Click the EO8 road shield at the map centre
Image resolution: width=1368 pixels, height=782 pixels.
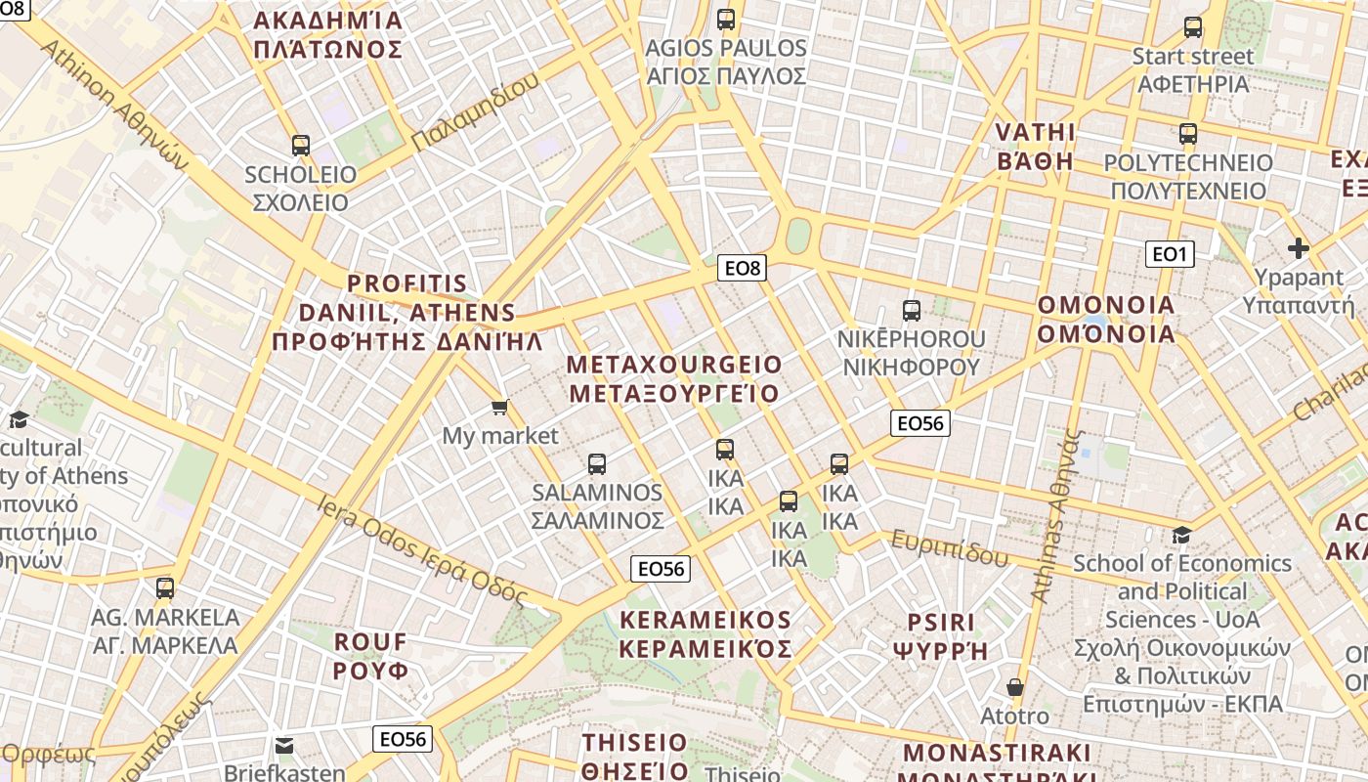(742, 267)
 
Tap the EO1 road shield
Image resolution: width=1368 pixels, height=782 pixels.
(1169, 255)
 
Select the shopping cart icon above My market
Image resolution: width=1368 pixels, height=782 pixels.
(500, 407)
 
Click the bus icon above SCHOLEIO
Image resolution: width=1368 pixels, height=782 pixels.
(300, 146)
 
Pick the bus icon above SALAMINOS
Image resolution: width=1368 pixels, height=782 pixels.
(597, 464)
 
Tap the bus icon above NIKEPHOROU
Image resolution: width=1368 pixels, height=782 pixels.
(912, 311)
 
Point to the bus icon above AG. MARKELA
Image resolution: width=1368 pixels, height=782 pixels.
(165, 588)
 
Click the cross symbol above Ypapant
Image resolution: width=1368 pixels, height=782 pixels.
(1298, 248)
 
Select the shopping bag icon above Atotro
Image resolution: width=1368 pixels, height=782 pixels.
(1015, 687)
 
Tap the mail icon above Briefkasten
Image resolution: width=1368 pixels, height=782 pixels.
(284, 746)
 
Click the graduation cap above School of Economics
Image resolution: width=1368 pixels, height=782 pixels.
(1182, 535)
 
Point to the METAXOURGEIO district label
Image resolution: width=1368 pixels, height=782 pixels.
(674, 379)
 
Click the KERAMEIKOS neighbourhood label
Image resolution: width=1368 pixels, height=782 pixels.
(705, 634)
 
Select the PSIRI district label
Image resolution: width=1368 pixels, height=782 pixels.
(941, 636)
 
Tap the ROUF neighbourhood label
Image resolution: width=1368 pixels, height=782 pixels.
(370, 656)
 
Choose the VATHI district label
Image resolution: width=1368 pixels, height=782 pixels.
(1035, 147)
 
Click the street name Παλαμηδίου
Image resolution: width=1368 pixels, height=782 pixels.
(475, 111)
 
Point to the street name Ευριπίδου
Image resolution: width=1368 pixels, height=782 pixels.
(949, 549)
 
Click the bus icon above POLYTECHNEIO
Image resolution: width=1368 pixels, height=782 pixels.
(1188, 134)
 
